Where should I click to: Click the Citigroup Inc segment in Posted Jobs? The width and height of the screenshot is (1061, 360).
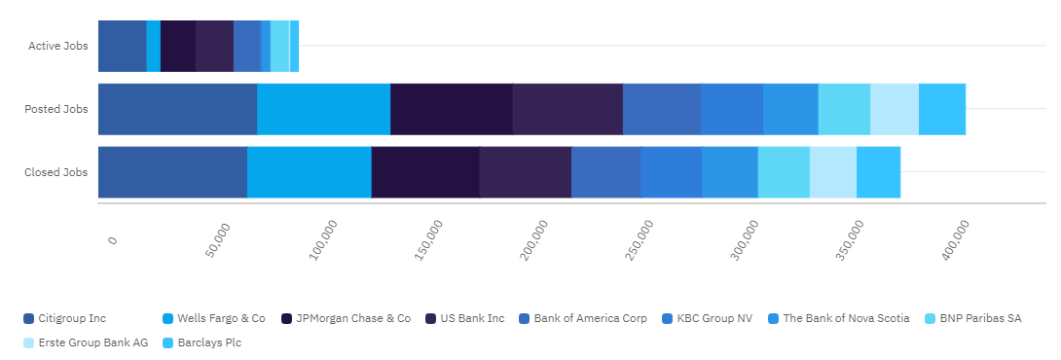tap(177, 110)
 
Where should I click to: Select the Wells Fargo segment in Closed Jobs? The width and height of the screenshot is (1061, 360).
tap(310, 172)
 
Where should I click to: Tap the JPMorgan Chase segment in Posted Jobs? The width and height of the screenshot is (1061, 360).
tap(452, 110)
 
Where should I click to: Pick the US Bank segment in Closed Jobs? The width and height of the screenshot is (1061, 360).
tap(525, 172)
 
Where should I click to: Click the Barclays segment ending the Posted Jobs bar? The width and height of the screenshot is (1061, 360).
tap(942, 110)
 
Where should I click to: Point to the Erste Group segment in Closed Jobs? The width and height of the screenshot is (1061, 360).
tap(833, 172)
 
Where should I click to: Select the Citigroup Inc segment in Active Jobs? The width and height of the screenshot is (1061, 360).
tap(123, 46)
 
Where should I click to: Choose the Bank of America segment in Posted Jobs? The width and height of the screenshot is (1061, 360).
tap(662, 110)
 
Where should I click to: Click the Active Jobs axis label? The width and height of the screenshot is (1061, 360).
tap(58, 46)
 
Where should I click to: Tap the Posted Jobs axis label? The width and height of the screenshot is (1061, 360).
tap(56, 109)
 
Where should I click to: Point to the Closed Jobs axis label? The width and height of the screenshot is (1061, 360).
tap(56, 172)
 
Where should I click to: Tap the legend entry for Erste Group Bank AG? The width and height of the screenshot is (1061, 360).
tap(86, 342)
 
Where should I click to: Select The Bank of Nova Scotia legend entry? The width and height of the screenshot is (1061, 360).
tap(838, 318)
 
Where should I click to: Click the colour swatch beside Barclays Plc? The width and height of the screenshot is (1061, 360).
tap(168, 343)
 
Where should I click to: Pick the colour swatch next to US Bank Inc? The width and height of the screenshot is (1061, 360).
tap(431, 319)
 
